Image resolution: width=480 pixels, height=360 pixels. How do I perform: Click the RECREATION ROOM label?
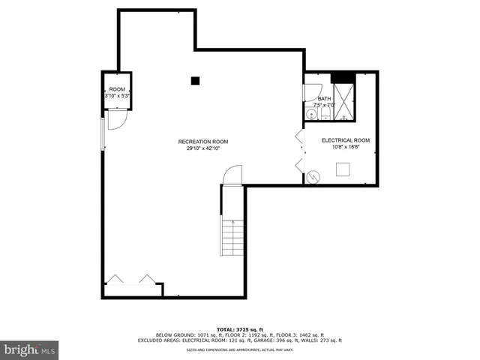(x=203, y=142)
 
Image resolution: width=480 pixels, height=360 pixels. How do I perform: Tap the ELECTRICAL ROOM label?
(x=346, y=140)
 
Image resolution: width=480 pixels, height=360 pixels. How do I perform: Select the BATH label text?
(x=324, y=99)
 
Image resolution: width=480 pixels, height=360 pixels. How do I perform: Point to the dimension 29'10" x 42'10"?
(x=203, y=148)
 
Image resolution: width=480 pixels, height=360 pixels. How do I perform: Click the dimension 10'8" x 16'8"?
(x=346, y=147)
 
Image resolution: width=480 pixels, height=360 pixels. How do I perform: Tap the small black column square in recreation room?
(x=195, y=80)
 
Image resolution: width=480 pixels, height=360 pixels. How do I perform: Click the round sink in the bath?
(x=310, y=114)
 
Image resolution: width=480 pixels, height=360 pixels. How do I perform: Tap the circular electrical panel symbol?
(x=313, y=178)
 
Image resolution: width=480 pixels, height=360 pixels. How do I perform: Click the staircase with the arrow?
(x=232, y=236)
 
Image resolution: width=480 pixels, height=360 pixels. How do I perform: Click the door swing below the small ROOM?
(x=116, y=120)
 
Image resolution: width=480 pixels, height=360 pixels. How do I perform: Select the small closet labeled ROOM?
(x=116, y=91)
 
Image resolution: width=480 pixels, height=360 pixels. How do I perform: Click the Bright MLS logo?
(x=30, y=349)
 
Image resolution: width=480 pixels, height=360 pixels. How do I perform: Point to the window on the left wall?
(x=103, y=139)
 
